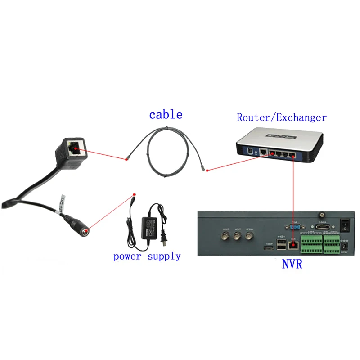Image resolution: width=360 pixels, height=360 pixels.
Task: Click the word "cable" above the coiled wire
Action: point(166,114)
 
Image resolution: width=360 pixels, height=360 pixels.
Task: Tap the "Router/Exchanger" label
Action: point(281,117)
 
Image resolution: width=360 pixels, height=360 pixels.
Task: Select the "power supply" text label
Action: point(147,256)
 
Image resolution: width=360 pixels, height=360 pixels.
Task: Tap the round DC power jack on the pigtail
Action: point(83,230)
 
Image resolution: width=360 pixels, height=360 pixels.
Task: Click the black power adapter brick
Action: point(151,228)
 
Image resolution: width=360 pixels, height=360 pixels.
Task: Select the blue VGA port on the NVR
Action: point(295,228)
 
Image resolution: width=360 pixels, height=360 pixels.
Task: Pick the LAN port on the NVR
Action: point(294,245)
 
